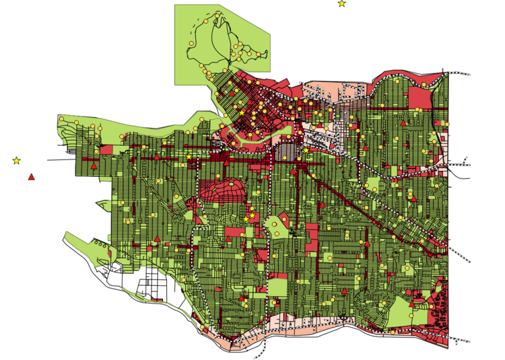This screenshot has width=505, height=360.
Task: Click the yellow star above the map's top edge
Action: [341, 3]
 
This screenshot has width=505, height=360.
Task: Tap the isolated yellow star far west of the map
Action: [16, 160]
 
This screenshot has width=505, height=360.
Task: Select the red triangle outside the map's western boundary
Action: [31, 177]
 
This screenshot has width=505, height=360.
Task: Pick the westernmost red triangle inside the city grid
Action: [94, 166]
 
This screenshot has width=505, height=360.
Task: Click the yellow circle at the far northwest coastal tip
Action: [61, 119]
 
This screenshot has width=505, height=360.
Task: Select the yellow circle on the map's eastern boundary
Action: [446, 124]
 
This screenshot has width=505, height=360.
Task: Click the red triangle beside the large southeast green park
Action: [411, 303]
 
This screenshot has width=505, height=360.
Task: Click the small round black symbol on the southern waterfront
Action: [343, 317]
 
